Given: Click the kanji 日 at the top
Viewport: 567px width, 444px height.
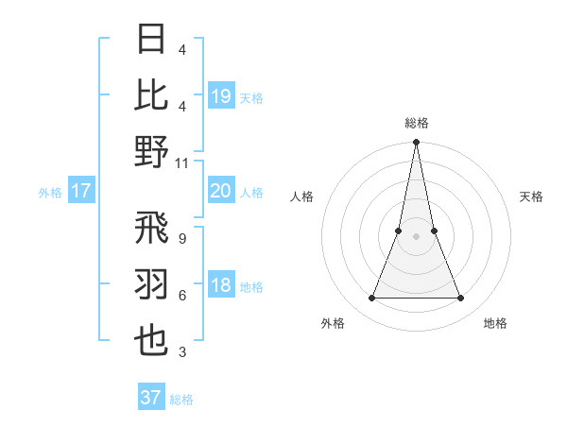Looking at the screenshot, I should (152, 40).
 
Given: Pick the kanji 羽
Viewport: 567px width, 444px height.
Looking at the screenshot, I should (152, 284).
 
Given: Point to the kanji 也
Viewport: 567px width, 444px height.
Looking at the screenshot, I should (152, 341).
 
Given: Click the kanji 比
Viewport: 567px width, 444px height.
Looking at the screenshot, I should (152, 95).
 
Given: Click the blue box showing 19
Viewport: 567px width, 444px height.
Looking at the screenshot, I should (221, 95).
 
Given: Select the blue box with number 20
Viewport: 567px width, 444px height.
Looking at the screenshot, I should (221, 191).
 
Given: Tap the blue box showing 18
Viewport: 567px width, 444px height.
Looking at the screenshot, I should (221, 286).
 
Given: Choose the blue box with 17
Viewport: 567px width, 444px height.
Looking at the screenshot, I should (80, 191).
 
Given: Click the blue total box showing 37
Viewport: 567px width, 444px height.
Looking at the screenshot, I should (151, 398).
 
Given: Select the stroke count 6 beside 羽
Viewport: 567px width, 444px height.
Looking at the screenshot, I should (182, 296).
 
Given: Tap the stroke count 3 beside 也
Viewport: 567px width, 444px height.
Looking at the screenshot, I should (182, 352).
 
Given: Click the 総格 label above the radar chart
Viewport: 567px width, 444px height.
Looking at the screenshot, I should (416, 123).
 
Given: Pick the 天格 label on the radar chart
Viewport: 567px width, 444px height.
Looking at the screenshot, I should (532, 196).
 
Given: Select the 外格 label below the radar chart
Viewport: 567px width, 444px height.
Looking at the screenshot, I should (333, 323).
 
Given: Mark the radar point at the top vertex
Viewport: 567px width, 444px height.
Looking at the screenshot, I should (416, 144).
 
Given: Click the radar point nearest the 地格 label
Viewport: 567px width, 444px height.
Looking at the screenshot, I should (461, 299).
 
